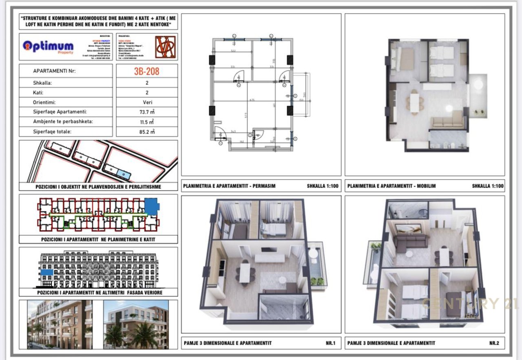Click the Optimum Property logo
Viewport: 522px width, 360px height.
(48, 46)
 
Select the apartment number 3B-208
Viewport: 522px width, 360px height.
(147, 71)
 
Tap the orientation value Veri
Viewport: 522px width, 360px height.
(147, 102)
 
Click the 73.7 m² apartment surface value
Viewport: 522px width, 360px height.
(147, 112)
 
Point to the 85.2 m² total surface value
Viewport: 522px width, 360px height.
(147, 131)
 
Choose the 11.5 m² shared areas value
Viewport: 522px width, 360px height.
(147, 121)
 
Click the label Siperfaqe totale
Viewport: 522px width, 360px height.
(52, 131)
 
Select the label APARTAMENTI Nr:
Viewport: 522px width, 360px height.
(54, 71)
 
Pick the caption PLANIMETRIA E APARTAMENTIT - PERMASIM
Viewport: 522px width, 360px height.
(229, 186)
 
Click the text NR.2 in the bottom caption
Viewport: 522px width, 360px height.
(494, 343)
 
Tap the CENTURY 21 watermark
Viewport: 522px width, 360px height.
(469, 304)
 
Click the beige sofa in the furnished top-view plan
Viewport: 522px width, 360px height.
(448, 121)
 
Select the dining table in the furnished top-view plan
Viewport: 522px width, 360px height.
(414, 102)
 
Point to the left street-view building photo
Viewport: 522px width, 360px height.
(60, 325)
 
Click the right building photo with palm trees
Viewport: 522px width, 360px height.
(136, 325)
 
